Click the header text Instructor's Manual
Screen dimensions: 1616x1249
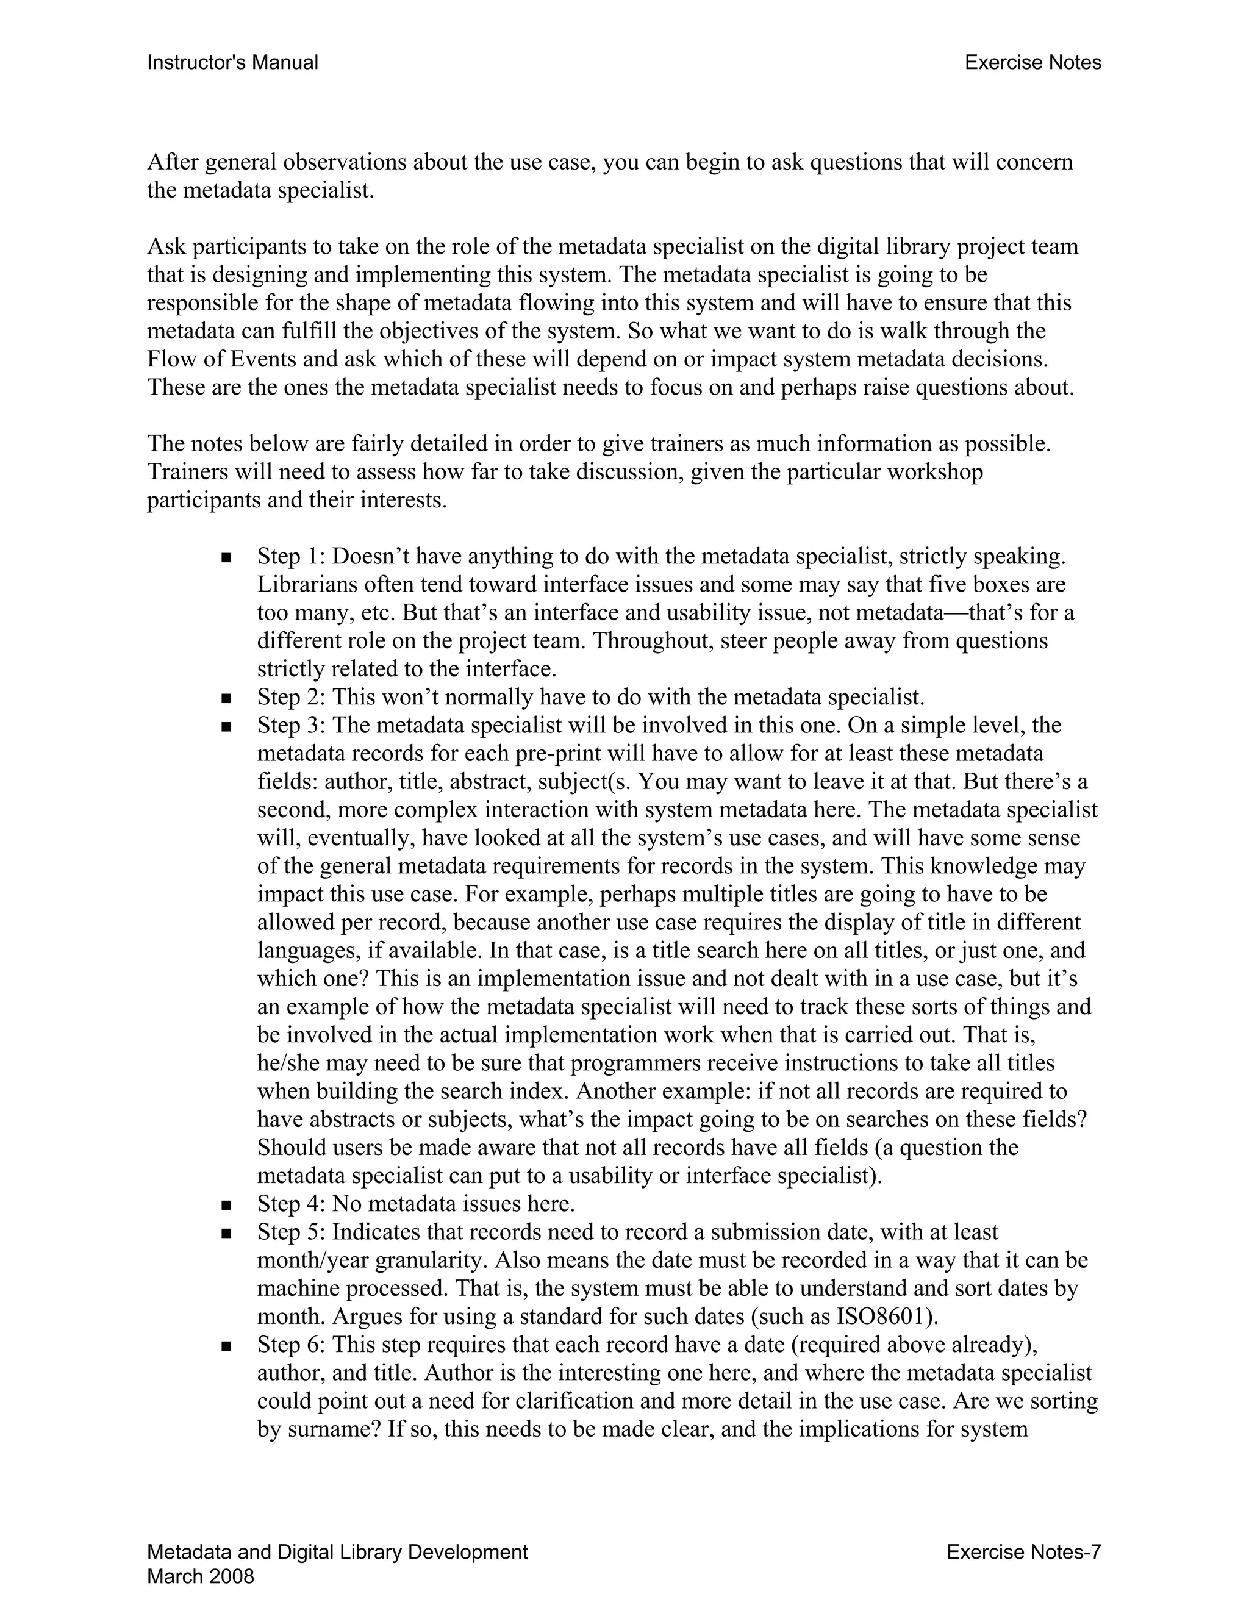point(232,63)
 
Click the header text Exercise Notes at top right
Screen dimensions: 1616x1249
point(1032,63)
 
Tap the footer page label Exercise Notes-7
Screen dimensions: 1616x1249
point(1023,1551)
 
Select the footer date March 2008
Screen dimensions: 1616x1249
point(201,1576)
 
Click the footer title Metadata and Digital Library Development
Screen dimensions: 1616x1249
point(337,1551)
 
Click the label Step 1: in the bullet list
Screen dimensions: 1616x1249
point(292,556)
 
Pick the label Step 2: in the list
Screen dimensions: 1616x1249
point(292,697)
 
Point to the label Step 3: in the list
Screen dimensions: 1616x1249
point(292,725)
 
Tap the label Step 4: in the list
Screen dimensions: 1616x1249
point(292,1204)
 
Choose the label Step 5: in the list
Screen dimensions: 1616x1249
point(292,1232)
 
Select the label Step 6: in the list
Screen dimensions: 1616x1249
point(292,1345)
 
